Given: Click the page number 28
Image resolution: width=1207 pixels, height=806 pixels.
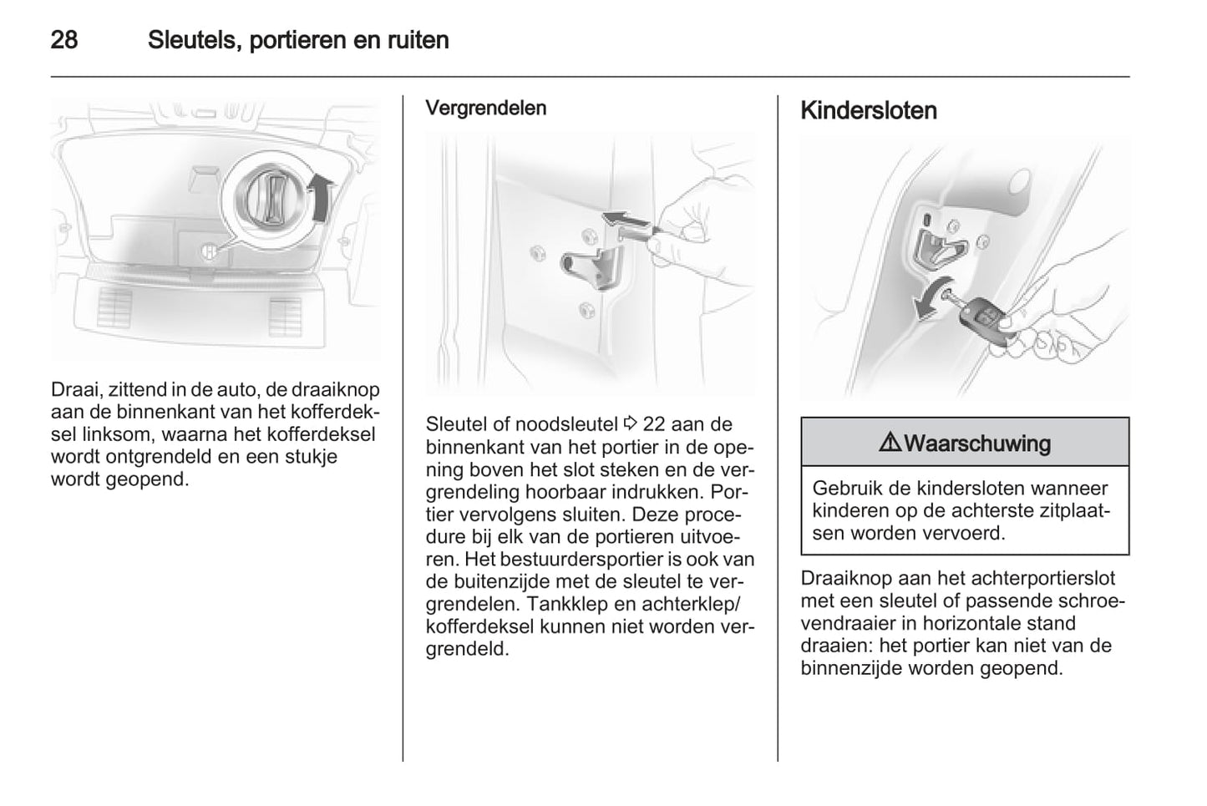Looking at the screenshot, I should (x=64, y=39).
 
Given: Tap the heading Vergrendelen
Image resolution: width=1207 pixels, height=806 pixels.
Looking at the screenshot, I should (x=485, y=108).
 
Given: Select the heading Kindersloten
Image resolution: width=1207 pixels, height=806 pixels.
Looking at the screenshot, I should (x=868, y=111).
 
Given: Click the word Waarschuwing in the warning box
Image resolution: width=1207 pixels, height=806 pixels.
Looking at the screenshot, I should (x=976, y=443).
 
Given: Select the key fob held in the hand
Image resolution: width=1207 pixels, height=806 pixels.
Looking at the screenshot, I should (x=982, y=320).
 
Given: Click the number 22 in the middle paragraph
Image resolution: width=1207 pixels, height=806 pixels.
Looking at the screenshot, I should (x=654, y=423).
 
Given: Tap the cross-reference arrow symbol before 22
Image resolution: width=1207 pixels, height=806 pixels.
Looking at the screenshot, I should (x=631, y=423).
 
